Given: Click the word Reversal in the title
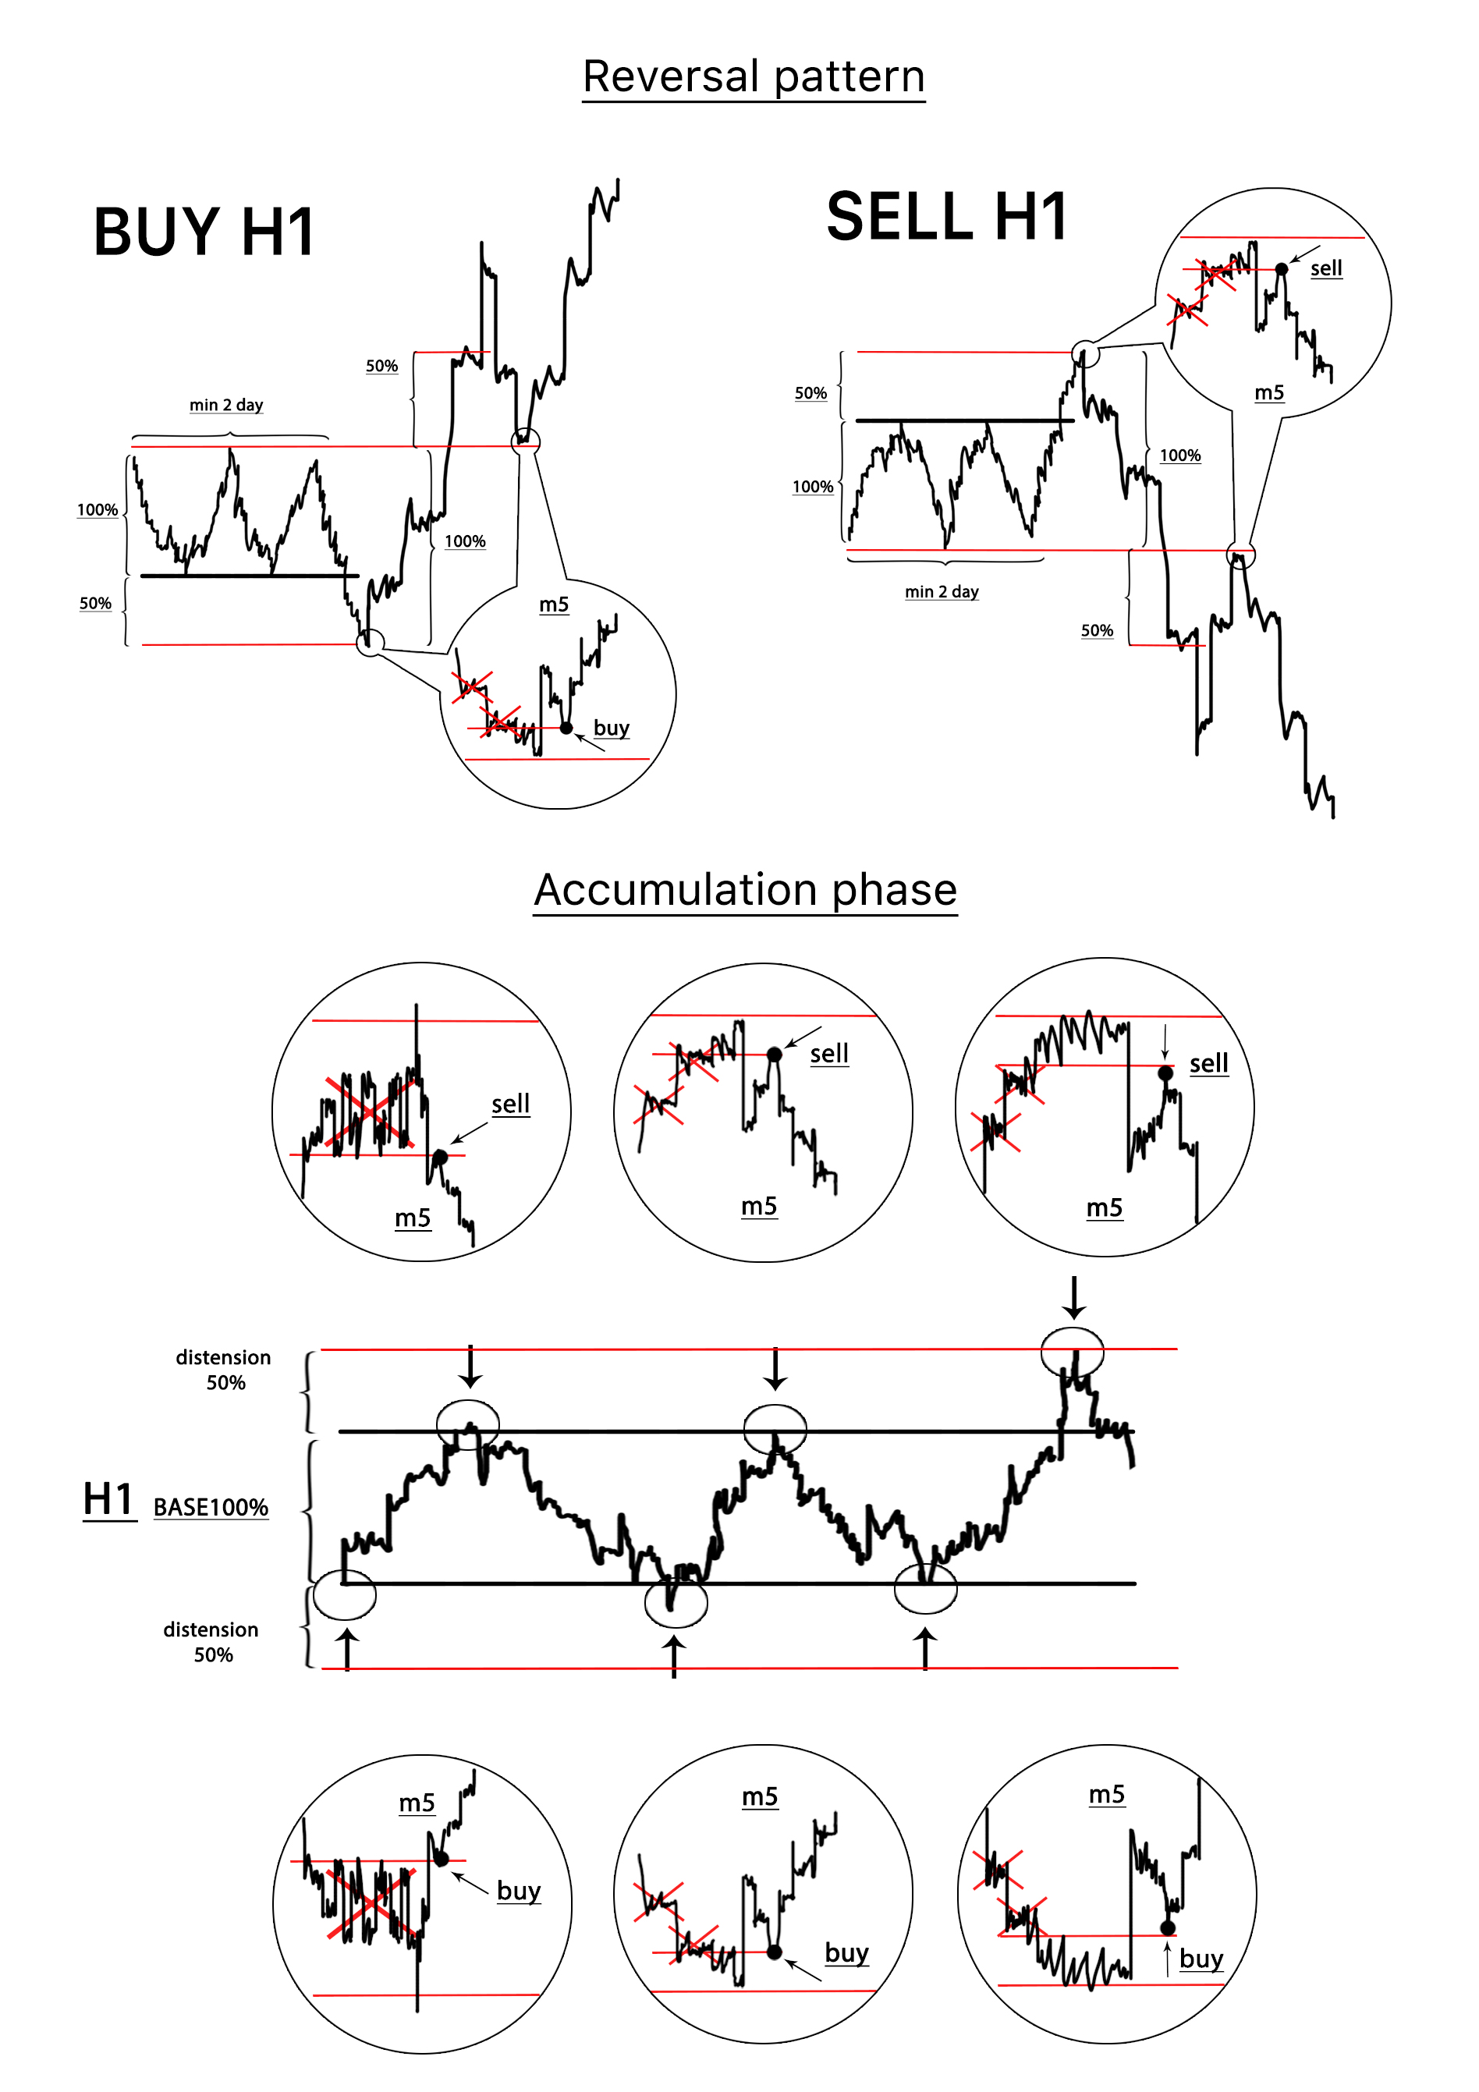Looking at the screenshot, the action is click(672, 76).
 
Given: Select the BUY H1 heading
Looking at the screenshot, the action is click(204, 232).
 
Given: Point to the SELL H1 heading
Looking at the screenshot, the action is click(947, 217).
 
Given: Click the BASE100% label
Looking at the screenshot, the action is click(211, 1507).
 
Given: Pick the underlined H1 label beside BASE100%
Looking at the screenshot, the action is click(108, 1499).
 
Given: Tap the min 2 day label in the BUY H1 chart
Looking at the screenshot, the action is click(226, 405).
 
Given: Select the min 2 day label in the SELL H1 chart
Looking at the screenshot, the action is click(942, 591).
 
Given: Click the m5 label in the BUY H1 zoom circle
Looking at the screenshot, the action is click(553, 604).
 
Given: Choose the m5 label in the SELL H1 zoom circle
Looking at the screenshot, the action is click(1268, 392).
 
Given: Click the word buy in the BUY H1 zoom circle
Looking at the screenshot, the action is click(612, 728).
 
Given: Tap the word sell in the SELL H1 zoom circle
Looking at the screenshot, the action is click(1326, 268).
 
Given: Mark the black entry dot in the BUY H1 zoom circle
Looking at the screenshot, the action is click(566, 728).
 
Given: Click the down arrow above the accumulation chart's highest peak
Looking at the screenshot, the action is click(1074, 1297).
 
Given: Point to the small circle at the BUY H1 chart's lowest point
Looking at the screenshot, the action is click(357, 643).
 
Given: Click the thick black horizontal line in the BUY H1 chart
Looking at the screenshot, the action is click(250, 576).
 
